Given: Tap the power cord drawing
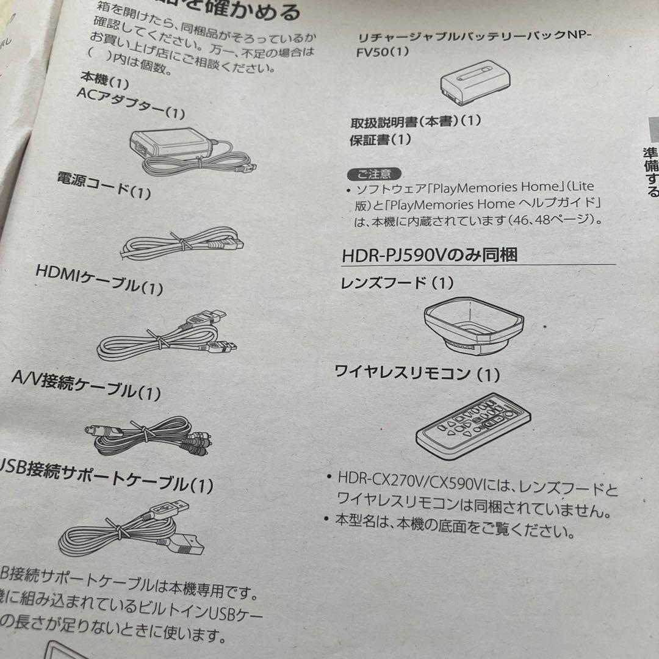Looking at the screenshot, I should click(x=183, y=242).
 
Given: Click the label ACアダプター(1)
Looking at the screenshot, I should click(x=131, y=103).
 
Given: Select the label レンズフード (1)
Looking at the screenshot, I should click(x=397, y=283).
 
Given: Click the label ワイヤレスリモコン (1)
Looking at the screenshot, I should click(x=417, y=372).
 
